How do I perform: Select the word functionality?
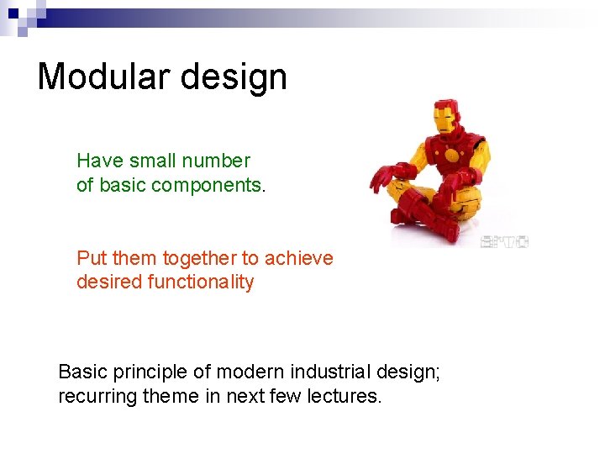click(201, 282)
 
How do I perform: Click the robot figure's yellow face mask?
click(444, 118)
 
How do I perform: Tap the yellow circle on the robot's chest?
click(451, 155)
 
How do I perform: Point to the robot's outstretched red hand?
click(384, 176)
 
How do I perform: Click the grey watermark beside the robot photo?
click(503, 242)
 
